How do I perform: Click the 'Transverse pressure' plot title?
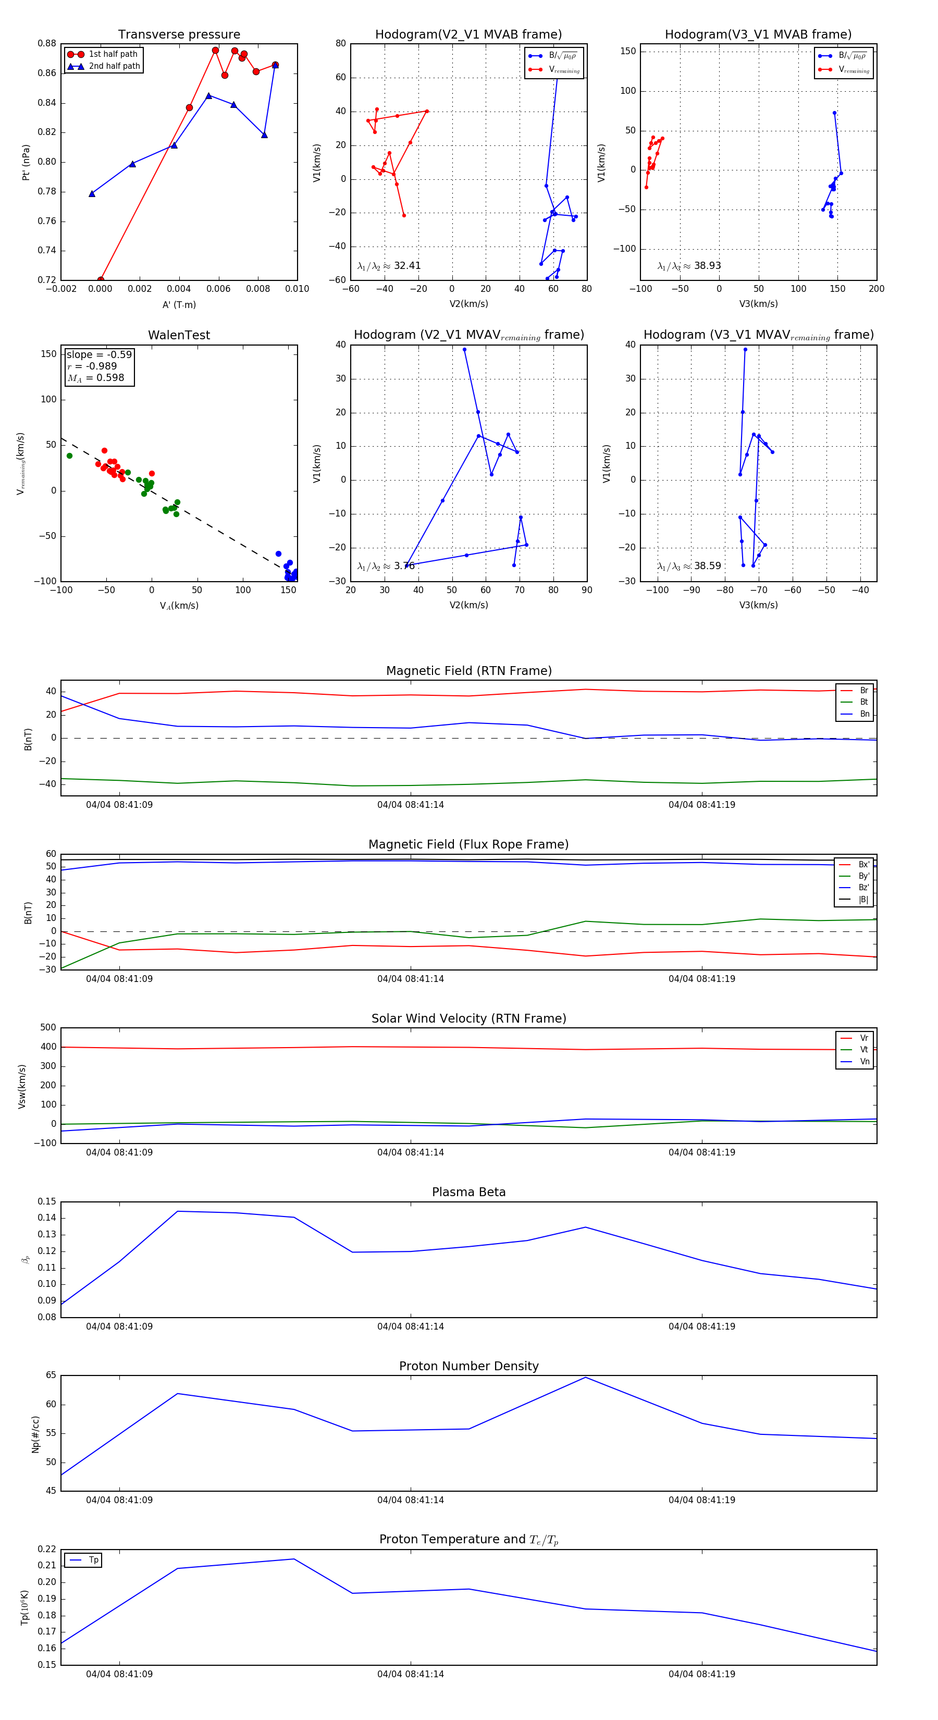(179, 35)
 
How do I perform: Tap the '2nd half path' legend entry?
(114, 66)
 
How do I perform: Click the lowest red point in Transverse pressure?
(100, 280)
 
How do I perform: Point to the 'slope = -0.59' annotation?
(99, 354)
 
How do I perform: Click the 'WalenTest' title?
(179, 335)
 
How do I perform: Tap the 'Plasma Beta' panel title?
(468, 1192)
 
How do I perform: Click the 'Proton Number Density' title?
(468, 1366)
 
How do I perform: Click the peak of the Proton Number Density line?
(586, 1378)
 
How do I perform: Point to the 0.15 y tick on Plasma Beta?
(47, 1202)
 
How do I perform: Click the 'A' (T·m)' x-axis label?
(179, 304)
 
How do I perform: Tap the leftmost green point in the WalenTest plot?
(69, 456)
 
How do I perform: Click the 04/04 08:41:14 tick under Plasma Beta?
(410, 1326)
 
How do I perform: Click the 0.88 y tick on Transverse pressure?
(47, 43)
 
